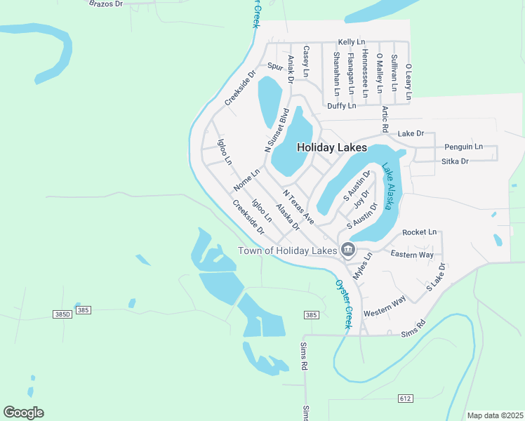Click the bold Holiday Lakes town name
tap(331, 148)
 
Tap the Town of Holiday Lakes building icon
tap(347, 249)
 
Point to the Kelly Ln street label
tap(352, 43)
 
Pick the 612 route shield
tap(406, 398)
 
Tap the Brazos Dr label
tap(106, 4)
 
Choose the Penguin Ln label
tap(463, 147)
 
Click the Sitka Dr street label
tap(455, 161)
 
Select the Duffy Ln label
tap(342, 106)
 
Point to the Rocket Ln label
tap(419, 232)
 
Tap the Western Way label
tap(385, 306)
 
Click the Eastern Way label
tap(412, 254)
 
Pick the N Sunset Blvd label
tap(277, 131)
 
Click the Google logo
tap(23, 413)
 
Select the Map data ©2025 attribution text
tap(495, 415)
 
